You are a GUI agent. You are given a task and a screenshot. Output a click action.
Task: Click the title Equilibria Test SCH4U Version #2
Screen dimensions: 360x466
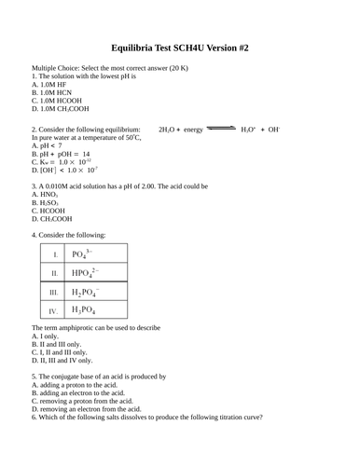point(180,47)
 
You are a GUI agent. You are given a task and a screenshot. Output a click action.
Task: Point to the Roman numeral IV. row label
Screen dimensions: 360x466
point(54,310)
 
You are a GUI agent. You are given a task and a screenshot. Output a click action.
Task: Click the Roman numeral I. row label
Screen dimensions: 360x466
point(55,254)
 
